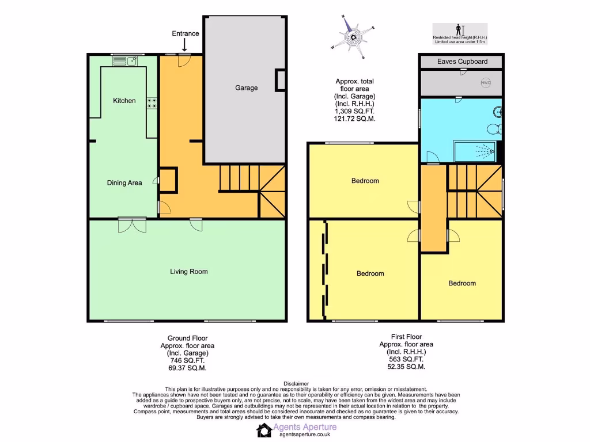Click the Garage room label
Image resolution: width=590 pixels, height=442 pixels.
(246, 88)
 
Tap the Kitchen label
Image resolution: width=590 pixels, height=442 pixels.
(124, 101)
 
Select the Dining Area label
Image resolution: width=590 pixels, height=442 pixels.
(124, 183)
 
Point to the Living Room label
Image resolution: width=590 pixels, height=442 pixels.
(188, 272)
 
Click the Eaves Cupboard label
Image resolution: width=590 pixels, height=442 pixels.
(462, 62)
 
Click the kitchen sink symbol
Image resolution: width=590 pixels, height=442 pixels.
(133, 59)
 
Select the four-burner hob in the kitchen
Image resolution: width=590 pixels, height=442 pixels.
(153, 103)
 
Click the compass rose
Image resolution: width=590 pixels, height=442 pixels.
(353, 37)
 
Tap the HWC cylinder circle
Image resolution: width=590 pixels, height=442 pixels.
(486, 83)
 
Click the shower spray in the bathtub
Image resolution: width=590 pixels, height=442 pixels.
(485, 151)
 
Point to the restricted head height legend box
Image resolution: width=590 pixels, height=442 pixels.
(460, 34)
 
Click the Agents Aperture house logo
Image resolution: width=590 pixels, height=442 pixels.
(264, 430)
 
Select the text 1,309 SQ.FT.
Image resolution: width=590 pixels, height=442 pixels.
(355, 111)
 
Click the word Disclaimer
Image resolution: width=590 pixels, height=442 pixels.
(296, 384)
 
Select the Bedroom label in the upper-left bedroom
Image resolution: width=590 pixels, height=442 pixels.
(365, 181)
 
